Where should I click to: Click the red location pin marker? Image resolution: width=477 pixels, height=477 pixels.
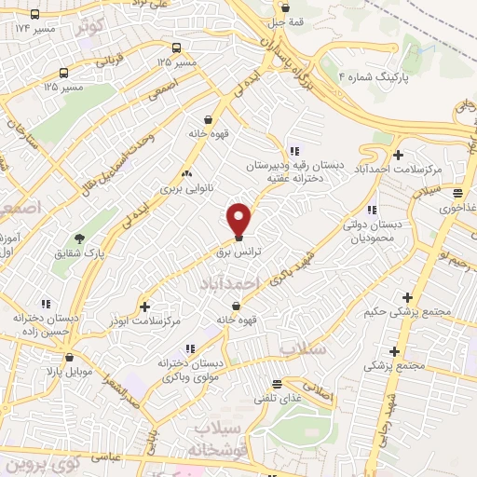coord(239,218)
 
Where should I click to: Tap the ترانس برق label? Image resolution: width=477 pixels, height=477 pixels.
coord(238,252)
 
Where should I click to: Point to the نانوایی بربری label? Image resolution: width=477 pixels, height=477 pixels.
coord(185,187)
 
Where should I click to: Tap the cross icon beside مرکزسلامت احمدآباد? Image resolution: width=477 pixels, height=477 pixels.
coord(399,155)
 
